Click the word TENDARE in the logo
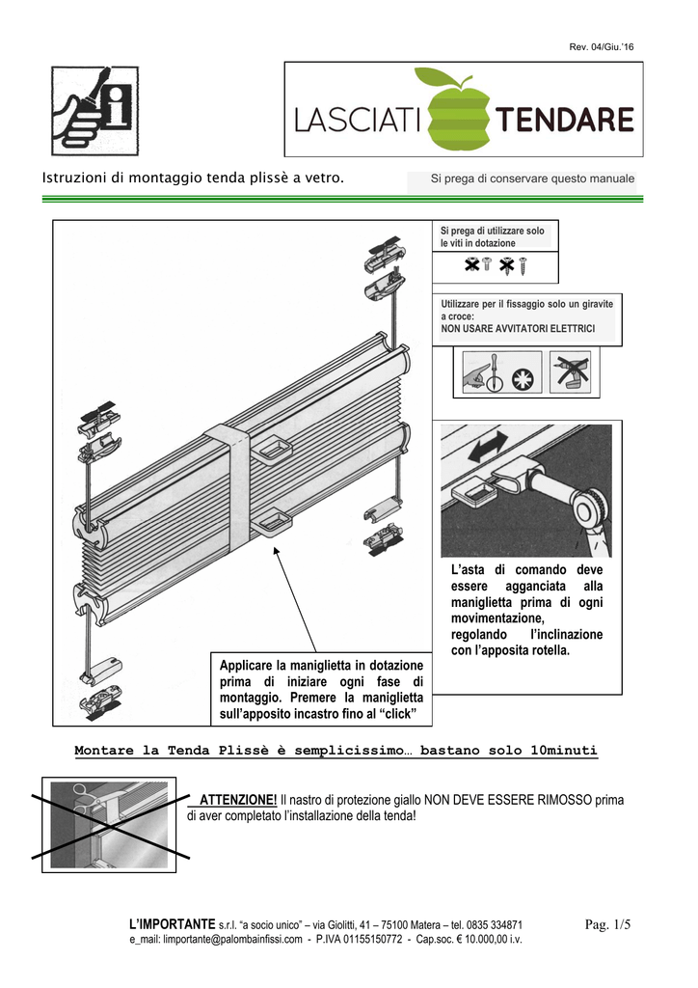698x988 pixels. tap(564, 121)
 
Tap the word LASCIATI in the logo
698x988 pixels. tap(357, 122)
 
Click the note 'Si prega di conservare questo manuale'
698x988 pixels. tap(532, 178)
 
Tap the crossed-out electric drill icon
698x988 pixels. tap(573, 371)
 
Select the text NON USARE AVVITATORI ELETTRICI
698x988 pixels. tap(518, 329)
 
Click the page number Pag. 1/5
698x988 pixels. tap(607, 924)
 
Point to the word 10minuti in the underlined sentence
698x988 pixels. tap(564, 751)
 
